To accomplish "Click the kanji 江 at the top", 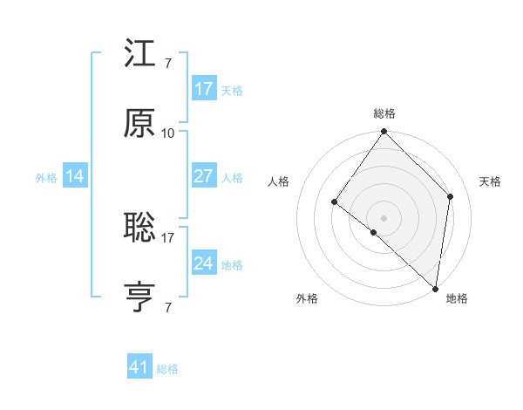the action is [140, 57].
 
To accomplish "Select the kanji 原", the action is [140, 124].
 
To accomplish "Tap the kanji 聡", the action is [140, 229].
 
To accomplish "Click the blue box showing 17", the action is [204, 88].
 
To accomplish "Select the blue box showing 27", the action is [204, 176].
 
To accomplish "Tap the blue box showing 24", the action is [204, 263].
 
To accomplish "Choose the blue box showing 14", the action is [75, 176].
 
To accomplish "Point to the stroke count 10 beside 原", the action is [168, 133].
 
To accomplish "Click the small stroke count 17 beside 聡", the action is [168, 237].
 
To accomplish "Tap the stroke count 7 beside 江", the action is [167, 64].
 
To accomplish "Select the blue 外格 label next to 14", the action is [46, 177].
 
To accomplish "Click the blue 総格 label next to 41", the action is [167, 369].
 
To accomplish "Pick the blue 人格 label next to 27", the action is [232, 177].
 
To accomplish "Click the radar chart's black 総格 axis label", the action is [384, 114].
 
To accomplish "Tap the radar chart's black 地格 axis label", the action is [457, 299].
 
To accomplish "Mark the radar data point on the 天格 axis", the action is [451, 196].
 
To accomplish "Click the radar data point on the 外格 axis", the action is [373, 232].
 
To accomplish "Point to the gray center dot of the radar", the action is [384, 217].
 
